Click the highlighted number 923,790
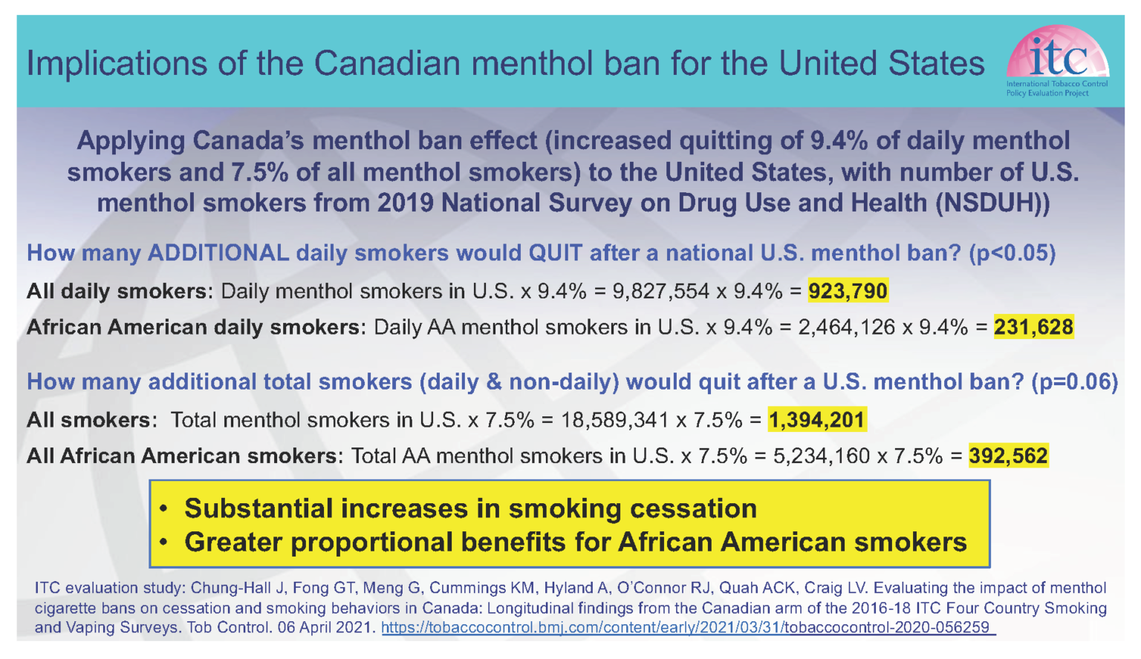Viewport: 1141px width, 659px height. click(848, 291)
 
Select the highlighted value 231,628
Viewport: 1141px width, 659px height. click(1033, 327)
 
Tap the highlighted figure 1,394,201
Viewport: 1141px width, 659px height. click(816, 420)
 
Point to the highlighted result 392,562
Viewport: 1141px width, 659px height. click(1008, 456)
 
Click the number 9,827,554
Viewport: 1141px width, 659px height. click(660, 291)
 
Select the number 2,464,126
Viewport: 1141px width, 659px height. click(846, 327)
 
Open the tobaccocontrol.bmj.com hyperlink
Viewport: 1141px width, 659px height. click(687, 628)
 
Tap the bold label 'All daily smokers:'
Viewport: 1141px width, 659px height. click(120, 291)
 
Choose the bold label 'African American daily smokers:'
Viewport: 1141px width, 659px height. click(196, 327)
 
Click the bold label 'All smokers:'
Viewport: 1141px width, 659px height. click(91, 420)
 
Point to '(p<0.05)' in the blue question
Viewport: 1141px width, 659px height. click(1012, 253)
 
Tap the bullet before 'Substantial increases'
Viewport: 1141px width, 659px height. click(164, 509)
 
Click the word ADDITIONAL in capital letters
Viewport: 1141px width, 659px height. click(218, 253)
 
